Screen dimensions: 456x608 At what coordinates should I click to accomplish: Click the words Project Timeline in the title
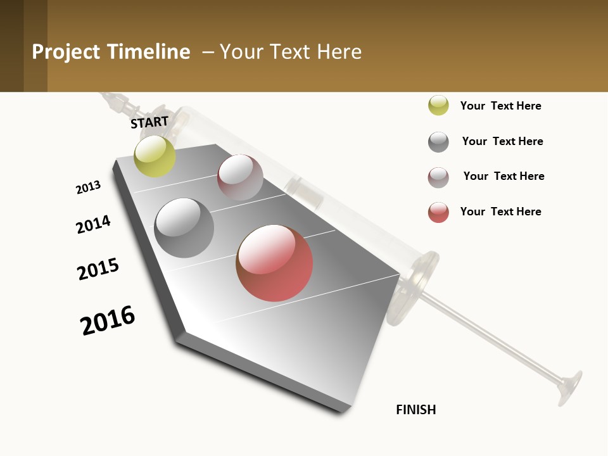point(111,52)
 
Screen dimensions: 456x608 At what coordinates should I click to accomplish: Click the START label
point(149,122)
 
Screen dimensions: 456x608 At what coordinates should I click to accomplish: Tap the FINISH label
point(416,410)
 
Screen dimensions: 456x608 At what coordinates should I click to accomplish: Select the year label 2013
point(88,187)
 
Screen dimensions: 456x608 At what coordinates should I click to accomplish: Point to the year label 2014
point(93,224)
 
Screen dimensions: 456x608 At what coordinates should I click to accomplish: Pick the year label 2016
point(108,320)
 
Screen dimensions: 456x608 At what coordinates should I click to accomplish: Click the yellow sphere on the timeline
point(155,156)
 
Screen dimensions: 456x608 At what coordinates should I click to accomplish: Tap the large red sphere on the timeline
point(274,263)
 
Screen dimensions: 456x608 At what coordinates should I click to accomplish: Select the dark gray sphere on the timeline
point(184,228)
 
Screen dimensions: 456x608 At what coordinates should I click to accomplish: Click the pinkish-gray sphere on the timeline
point(240,177)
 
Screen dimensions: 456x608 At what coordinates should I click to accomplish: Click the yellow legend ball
point(438,105)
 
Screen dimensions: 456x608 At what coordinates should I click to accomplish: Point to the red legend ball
point(438,212)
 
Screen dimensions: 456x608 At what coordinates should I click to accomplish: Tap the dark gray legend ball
point(438,142)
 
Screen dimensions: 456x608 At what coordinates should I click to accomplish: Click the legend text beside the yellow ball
point(500,106)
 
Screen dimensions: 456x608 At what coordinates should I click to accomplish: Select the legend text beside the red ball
point(500,212)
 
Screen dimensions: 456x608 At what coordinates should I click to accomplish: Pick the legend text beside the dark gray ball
point(502,141)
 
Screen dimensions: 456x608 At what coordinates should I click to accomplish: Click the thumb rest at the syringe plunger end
point(570,386)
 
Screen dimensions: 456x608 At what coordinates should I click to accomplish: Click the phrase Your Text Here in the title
point(291,52)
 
